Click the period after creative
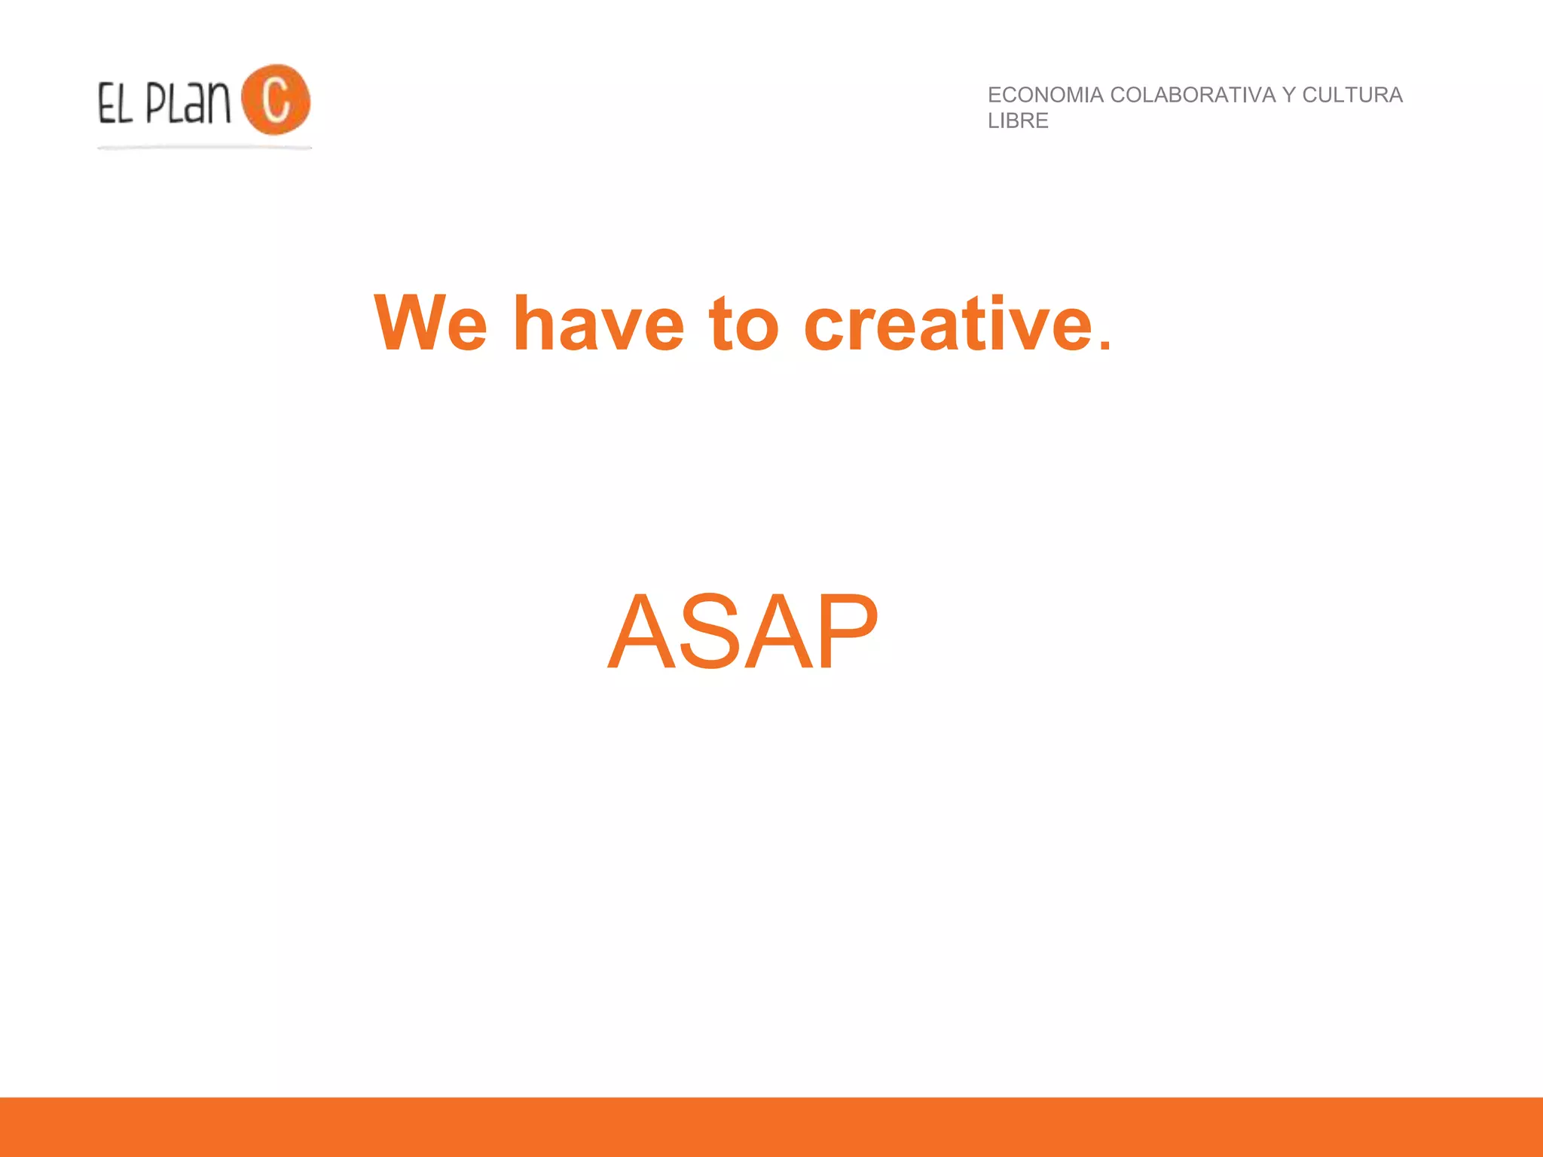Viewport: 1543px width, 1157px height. pyautogui.click(x=1104, y=345)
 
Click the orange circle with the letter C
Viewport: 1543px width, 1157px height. pyautogui.click(x=276, y=99)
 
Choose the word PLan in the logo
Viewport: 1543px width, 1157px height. pyautogui.click(x=188, y=103)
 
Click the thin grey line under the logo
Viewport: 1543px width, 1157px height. pyautogui.click(x=204, y=148)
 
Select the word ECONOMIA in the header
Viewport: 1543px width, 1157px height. pyautogui.click(x=1045, y=95)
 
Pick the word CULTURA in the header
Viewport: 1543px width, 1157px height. pyautogui.click(x=1352, y=95)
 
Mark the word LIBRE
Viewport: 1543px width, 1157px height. pyautogui.click(x=1018, y=121)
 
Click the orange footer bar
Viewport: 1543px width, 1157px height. pyautogui.click(x=771, y=1127)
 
